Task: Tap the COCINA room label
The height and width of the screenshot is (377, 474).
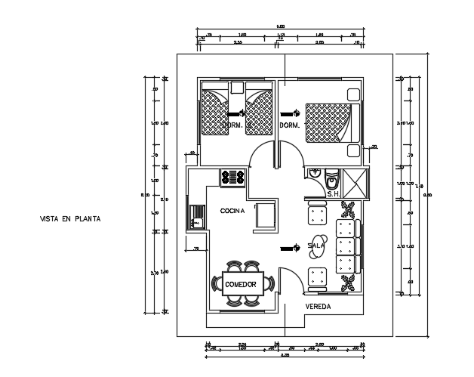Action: pos(232,211)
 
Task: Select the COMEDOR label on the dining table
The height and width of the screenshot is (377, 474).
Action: pos(240,284)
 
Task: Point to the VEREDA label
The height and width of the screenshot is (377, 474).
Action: pos(319,306)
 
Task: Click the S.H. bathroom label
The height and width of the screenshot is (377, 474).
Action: pos(334,193)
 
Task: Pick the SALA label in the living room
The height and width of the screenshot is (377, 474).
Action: pos(316,245)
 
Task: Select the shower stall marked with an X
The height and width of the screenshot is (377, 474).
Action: pos(352,183)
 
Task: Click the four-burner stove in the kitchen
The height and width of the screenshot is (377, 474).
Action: pos(232,178)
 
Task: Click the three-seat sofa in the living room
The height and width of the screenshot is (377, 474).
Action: pos(346,248)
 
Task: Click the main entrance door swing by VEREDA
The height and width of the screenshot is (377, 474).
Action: pos(291,280)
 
